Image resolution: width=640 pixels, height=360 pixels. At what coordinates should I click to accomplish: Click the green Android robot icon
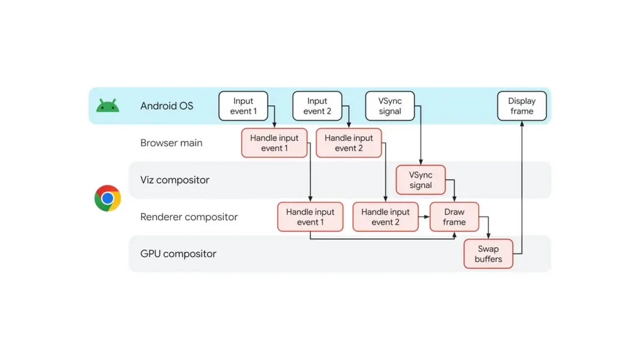108,106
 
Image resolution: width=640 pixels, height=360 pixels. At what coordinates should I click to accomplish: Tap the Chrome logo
108,199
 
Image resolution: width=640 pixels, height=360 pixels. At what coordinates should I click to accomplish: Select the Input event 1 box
244,106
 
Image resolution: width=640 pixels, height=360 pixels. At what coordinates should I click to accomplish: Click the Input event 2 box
317,106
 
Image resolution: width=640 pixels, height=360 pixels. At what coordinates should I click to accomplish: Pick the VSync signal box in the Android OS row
390,106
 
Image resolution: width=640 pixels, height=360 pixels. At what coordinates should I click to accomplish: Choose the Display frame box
522,106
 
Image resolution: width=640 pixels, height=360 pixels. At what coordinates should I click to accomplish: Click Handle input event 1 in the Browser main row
274,143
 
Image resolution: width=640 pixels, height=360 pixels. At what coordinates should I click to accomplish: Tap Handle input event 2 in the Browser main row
348,143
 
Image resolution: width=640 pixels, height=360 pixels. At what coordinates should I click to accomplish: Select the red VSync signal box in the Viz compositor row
420,180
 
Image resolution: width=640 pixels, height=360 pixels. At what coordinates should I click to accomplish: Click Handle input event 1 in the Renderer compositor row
310,217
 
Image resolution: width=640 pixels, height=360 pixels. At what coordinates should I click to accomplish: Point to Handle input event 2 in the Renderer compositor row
385,217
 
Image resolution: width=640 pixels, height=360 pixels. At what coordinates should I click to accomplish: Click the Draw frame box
454,217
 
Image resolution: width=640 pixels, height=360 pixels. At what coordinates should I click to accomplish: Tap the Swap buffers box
488,254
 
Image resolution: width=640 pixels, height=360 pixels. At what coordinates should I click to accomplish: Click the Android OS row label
167,106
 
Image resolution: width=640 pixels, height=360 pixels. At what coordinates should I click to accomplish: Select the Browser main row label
172,143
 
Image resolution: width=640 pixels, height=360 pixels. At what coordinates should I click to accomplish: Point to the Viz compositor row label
175,180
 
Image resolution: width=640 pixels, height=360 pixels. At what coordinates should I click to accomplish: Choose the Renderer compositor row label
189,217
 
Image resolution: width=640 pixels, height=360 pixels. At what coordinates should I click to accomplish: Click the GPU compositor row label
178,254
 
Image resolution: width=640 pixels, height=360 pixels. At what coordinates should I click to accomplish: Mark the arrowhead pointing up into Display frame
522,123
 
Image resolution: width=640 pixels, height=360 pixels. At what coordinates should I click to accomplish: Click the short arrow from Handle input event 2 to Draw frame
424,217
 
